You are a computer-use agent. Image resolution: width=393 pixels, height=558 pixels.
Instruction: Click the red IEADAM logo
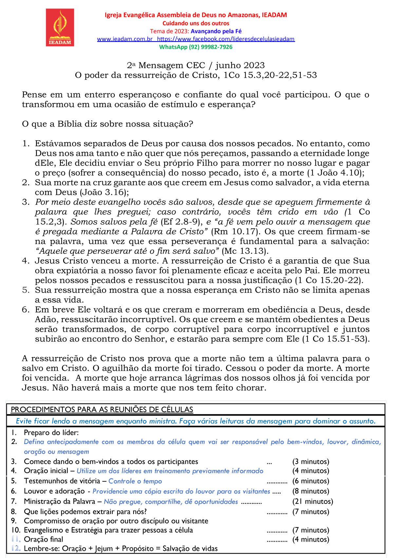(x=60, y=28)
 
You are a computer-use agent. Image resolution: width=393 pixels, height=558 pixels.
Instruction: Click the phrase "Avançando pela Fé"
(x=216, y=31)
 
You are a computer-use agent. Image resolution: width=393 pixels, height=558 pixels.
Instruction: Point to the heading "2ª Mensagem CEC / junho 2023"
(x=196, y=66)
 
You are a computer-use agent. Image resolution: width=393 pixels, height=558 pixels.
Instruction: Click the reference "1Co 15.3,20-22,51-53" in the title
(x=270, y=75)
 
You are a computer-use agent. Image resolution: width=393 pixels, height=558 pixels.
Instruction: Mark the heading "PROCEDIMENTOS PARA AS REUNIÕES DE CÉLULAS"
(x=102, y=409)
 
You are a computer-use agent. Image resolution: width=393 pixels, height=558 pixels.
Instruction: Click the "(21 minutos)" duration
(x=312, y=502)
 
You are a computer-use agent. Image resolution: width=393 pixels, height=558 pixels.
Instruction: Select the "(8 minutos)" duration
(x=310, y=491)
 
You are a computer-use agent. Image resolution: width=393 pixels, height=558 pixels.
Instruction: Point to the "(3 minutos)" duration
(x=310, y=462)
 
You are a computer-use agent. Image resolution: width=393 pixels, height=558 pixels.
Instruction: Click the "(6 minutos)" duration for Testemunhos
(x=310, y=481)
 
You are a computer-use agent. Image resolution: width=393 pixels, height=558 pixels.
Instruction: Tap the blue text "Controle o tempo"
(x=135, y=481)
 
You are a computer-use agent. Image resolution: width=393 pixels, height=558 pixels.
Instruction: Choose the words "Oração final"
(x=44, y=539)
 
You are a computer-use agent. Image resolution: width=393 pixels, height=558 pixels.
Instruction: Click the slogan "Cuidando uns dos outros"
(x=196, y=23)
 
